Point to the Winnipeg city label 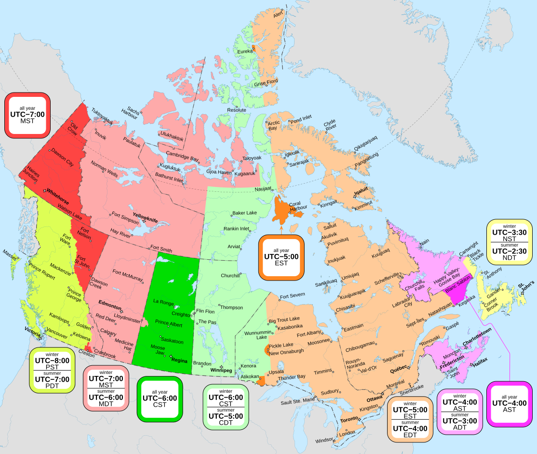pos(221,370)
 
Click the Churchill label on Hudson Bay pos(230,276)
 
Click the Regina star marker pos(171,356)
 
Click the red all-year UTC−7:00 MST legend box pos(27,114)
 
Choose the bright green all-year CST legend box pos(160,398)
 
